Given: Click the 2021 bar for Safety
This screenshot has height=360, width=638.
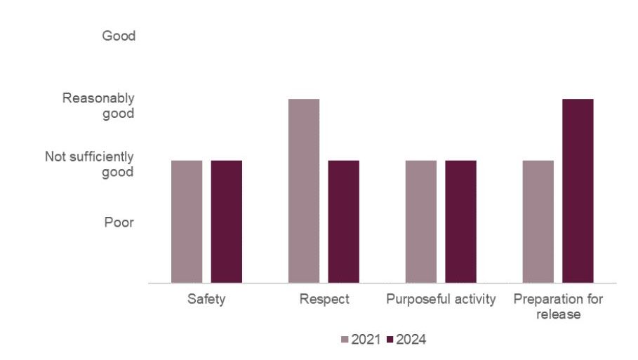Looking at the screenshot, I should coord(187,222).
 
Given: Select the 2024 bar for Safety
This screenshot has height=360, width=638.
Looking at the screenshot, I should coord(227,222).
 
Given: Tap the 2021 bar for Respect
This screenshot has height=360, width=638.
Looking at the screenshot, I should coord(304,191).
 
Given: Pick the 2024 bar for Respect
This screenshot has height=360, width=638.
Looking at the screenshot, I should coord(343,222).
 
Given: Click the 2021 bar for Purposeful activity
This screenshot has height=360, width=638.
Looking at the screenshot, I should coord(421,222).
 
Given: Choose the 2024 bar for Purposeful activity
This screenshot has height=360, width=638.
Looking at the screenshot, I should coord(460,222).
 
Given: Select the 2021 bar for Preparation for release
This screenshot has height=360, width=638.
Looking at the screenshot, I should coord(538,222).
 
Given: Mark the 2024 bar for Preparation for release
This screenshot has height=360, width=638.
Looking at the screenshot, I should coord(578,191).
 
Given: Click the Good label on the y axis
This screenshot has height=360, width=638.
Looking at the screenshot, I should coord(119,36).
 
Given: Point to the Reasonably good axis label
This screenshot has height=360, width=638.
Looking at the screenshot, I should coord(98,105).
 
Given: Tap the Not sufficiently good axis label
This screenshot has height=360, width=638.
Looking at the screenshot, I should coord(89,164).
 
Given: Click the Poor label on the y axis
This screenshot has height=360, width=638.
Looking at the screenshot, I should coord(119,222).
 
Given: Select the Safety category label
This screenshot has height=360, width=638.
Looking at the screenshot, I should coord(206,300).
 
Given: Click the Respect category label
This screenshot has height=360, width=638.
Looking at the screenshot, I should coord(324,300).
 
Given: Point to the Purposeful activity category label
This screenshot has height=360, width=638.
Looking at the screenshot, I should coord(441,300).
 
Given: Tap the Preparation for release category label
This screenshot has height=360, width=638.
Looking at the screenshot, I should coord(558,307).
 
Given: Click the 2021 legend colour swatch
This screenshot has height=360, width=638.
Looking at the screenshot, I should coord(345,340).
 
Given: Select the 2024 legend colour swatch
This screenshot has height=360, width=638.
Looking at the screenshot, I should coord(390,340).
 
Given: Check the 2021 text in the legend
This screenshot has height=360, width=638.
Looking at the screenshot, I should coord(366,340).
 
